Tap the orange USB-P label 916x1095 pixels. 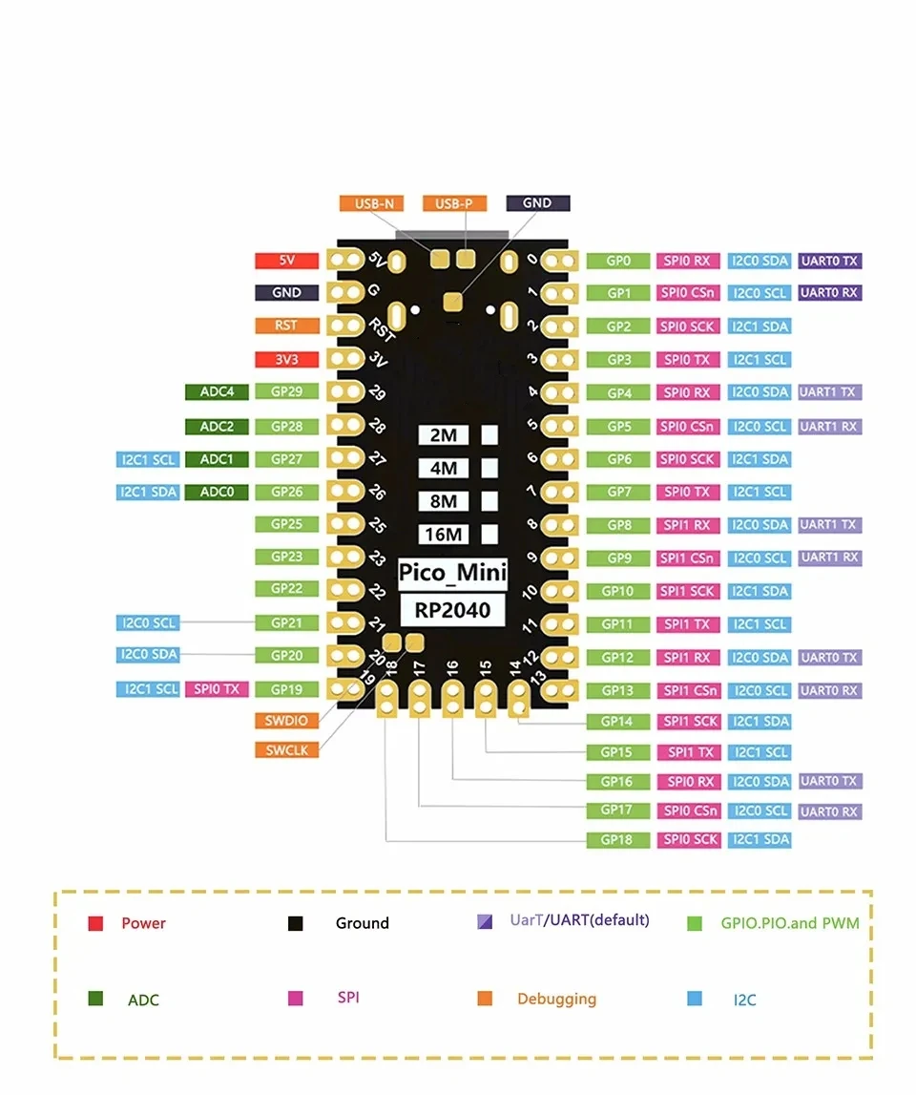454,203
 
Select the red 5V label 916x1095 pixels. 286,261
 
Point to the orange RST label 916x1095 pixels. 286,326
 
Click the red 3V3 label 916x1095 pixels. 286,359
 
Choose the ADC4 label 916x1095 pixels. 217,392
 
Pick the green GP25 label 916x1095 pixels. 286,524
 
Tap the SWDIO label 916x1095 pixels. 287,721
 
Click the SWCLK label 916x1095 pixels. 287,750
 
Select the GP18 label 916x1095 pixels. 617,840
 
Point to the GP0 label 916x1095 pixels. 617,261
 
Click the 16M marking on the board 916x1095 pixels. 444,535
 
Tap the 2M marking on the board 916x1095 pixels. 444,435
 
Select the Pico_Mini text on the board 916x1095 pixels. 452,573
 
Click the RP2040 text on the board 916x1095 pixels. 452,608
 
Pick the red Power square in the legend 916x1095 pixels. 95,924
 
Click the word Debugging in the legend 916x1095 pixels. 556,999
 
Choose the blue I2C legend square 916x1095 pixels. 695,999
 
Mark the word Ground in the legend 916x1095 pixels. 363,923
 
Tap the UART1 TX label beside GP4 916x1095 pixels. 829,392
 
